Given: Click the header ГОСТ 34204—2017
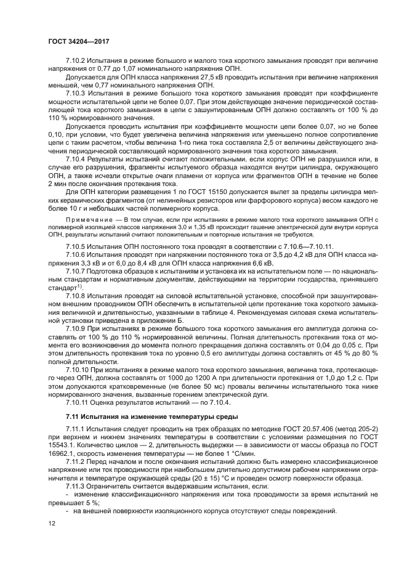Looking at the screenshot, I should click(x=82, y=41).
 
